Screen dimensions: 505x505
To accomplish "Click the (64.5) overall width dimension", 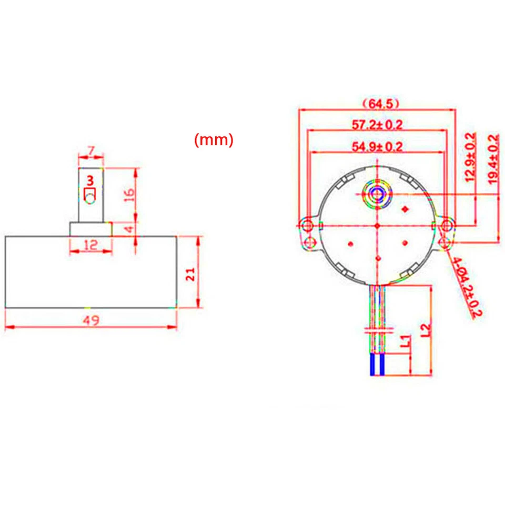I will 377,103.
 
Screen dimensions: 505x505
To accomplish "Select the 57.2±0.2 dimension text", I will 377,125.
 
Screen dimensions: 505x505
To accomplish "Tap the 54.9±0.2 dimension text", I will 377,146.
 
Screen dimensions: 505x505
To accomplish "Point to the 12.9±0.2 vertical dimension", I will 470,157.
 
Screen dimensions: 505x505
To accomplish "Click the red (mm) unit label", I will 214,140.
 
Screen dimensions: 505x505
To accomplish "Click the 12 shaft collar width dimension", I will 91,245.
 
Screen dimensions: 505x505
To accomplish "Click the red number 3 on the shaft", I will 90,180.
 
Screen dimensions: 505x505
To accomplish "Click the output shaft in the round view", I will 377,194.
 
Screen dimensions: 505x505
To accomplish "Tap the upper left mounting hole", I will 307,226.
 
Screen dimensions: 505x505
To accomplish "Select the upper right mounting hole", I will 447,226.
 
